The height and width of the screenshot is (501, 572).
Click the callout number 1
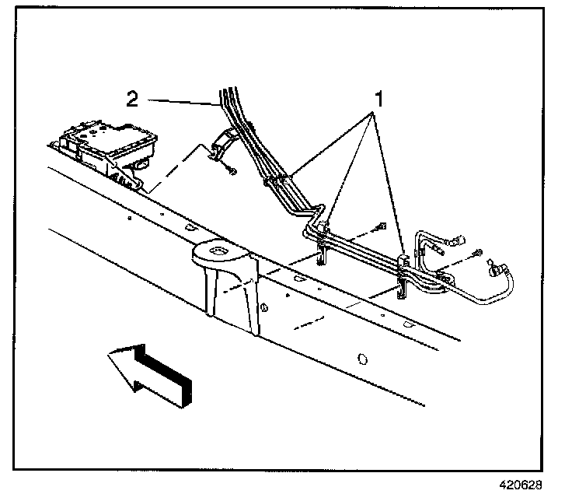pos(379,99)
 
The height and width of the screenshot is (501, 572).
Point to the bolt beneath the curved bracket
pos(232,170)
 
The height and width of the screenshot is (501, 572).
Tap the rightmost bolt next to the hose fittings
pos(477,253)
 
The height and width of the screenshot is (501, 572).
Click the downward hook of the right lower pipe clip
pos(403,289)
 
